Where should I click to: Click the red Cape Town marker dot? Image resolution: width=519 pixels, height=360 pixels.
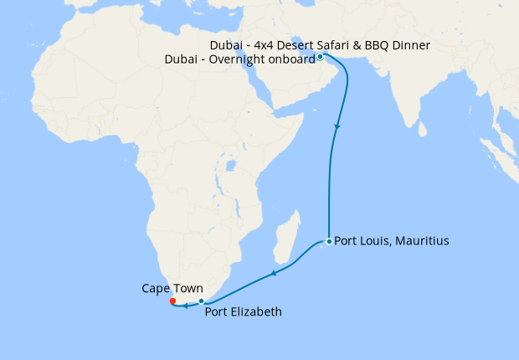pos(172,301)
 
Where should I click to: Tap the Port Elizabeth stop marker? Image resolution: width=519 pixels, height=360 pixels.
pos(202,301)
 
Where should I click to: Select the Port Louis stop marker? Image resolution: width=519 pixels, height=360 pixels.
pos(329,241)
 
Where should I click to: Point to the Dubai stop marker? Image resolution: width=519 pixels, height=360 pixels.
pos(320,57)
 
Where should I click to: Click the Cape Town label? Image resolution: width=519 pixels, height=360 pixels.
pos(172,288)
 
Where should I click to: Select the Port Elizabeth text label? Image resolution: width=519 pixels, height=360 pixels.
pos(244,312)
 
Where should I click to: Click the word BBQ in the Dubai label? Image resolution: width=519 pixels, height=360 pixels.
pos(382,43)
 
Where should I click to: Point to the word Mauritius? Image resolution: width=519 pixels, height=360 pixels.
pos(423,241)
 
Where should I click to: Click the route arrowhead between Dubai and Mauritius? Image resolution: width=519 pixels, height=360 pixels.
pos(337,127)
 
